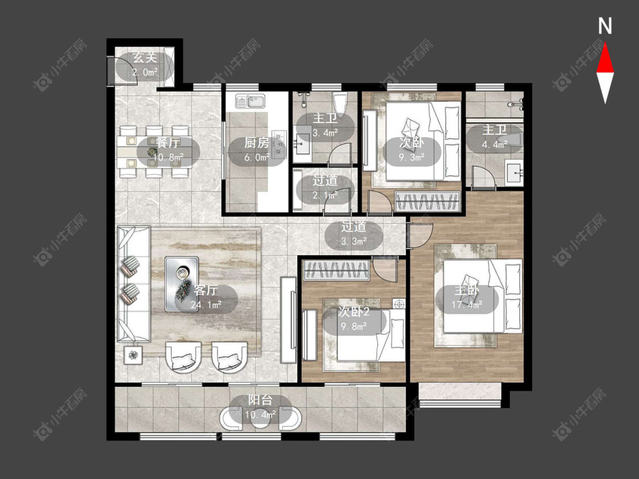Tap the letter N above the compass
(605, 26)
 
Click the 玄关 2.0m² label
(145, 66)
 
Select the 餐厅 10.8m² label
(168, 150)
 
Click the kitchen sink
(250, 100)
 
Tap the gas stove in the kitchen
(280, 144)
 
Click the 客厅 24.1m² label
(206, 298)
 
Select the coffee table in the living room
(182, 284)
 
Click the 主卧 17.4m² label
(467, 298)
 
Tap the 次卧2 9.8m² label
(354, 320)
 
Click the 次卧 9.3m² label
(412, 150)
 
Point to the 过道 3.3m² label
(354, 234)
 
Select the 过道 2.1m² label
(325, 188)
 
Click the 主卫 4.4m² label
(495, 137)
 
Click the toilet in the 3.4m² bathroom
(340, 104)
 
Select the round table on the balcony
(260, 419)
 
